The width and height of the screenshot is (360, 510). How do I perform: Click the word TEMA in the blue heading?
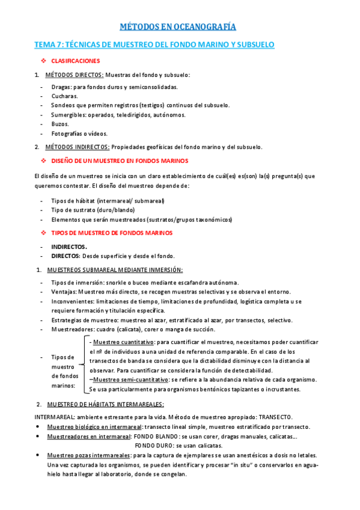tap(44, 45)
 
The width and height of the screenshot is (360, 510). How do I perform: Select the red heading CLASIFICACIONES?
tap(75, 61)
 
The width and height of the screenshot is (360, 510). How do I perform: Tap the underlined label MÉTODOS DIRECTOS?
tap(74, 75)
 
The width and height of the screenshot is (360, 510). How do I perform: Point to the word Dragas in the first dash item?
tap(61, 87)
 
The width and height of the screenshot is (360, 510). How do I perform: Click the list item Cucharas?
tap(64, 96)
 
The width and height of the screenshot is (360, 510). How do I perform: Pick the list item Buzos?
tap(60, 124)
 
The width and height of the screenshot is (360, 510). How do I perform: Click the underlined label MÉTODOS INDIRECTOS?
tap(78, 147)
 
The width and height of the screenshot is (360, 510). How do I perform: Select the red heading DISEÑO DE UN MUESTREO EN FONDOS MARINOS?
tap(120, 161)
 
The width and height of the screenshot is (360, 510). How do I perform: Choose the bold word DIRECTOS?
tap(66, 256)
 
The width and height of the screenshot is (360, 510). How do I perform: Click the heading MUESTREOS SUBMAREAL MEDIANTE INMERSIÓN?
tap(114, 269)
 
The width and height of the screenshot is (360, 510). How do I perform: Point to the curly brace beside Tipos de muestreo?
tap(82, 366)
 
